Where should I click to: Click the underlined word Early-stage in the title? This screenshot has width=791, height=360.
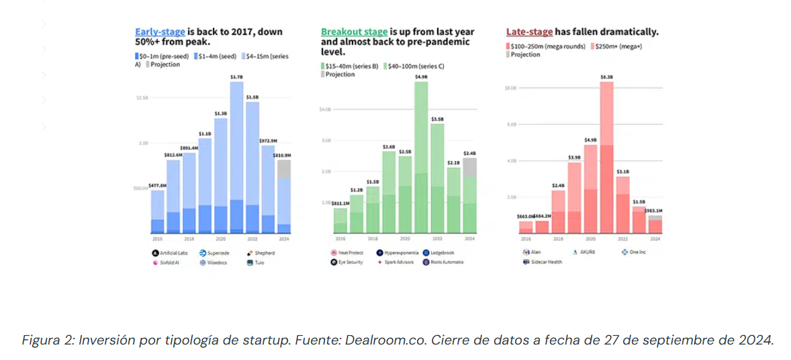(160, 32)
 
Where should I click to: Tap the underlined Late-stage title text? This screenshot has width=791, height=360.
(529, 32)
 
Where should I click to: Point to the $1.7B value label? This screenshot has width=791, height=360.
(236, 77)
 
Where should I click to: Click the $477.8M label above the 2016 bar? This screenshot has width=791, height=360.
(157, 185)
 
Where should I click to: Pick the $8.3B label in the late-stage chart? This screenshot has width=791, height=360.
(606, 78)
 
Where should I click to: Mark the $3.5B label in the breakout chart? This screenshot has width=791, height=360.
(437, 118)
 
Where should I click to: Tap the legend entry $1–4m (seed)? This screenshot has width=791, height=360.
(216, 56)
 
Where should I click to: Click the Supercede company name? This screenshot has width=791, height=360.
(219, 253)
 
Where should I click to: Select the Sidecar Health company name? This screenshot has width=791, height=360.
(547, 262)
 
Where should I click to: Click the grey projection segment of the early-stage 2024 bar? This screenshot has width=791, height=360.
(284, 169)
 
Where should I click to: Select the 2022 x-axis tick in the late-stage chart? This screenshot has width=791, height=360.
(623, 239)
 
